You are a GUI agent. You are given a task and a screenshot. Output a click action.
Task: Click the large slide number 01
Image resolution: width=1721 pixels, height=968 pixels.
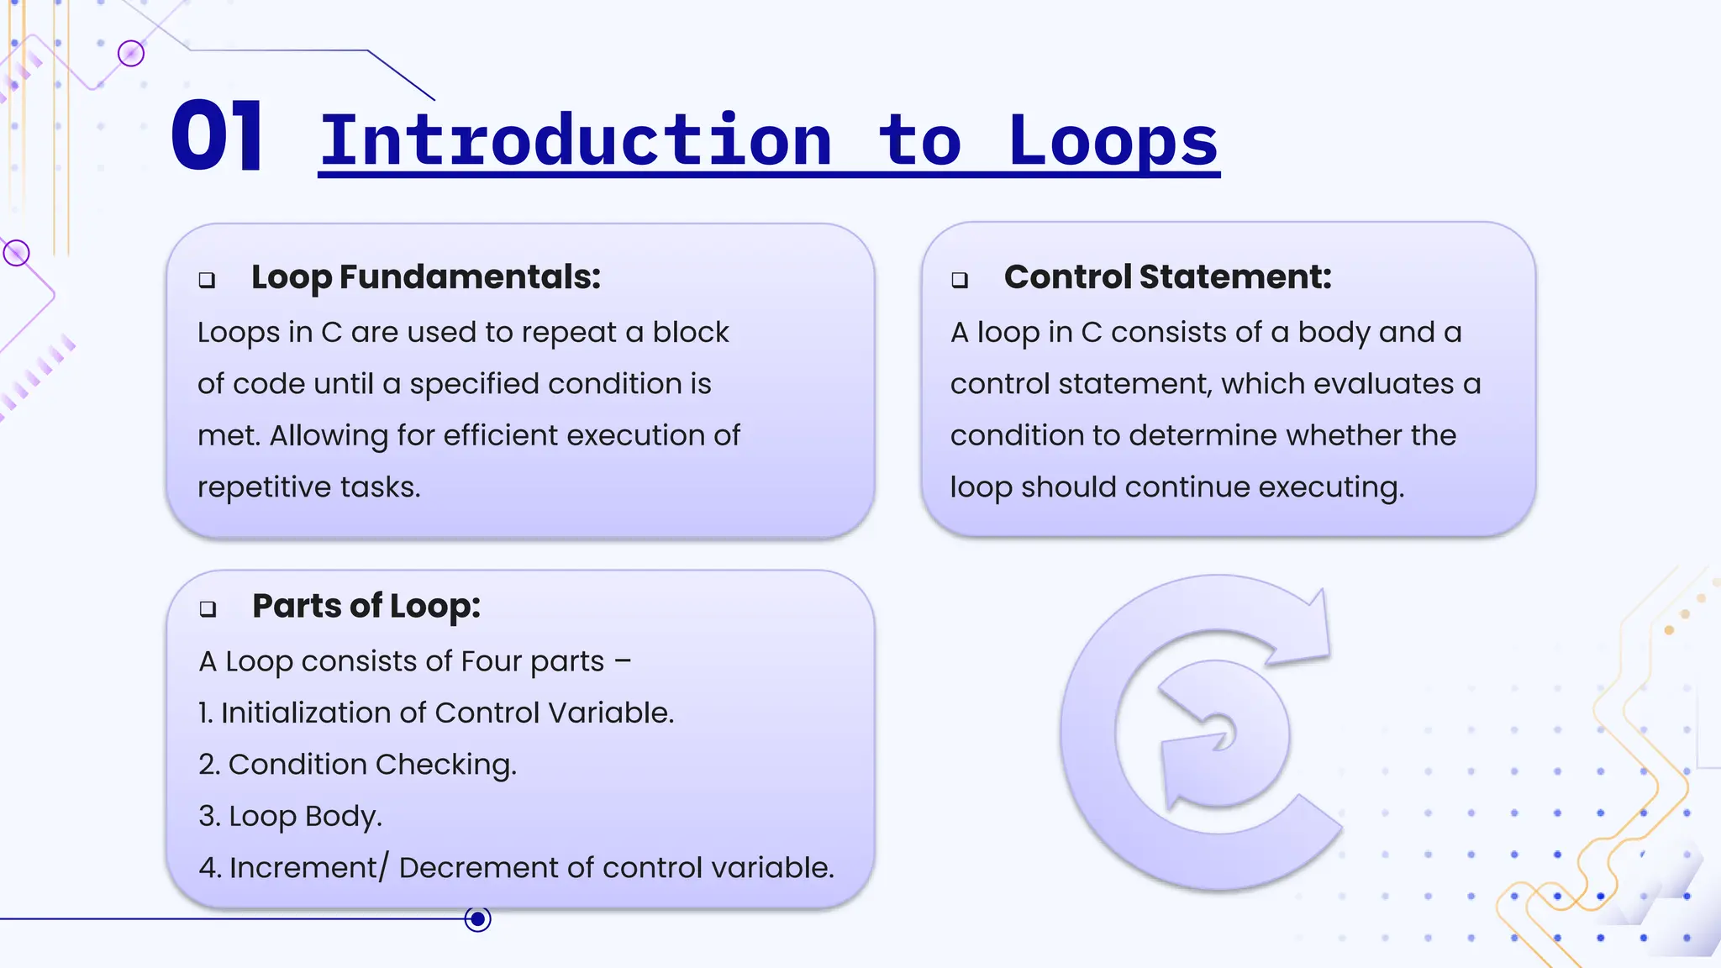(217, 136)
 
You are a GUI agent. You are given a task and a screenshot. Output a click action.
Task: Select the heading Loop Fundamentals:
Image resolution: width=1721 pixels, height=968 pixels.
(426, 277)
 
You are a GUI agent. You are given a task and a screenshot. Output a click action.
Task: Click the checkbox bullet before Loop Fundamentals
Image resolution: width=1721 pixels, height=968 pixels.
(207, 280)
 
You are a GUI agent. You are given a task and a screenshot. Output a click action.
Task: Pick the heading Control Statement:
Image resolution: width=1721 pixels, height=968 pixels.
(1167, 277)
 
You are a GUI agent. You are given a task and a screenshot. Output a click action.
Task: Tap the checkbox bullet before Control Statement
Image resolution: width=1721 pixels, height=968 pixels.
(960, 280)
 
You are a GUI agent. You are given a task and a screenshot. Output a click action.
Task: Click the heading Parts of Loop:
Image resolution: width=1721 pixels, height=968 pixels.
(366, 606)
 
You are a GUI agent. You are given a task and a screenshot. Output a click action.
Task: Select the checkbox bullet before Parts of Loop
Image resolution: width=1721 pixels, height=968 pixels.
(208, 609)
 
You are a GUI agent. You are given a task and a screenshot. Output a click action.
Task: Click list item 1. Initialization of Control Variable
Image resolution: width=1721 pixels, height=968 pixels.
(436, 713)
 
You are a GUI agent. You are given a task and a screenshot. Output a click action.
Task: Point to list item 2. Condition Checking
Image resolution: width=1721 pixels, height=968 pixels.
(358, 765)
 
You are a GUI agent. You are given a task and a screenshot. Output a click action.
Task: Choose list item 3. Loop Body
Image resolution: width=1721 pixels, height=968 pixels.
(291, 816)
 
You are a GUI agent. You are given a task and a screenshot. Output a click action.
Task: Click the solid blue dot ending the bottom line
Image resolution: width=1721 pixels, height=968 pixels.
(478, 919)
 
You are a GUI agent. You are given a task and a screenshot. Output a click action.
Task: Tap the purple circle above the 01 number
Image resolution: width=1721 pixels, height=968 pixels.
(131, 54)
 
